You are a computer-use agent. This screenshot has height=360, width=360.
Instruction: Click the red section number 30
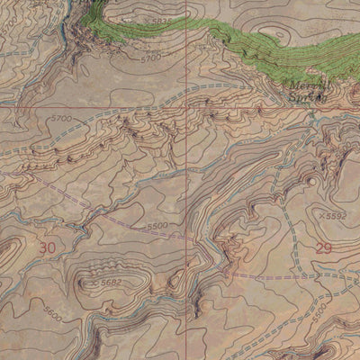(48, 247)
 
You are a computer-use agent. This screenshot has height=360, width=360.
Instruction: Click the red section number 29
(323, 247)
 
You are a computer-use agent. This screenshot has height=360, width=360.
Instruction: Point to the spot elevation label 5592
(336, 216)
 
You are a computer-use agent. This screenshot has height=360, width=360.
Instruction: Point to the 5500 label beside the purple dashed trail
(157, 226)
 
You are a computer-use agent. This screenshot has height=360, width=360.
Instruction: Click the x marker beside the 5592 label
(320, 216)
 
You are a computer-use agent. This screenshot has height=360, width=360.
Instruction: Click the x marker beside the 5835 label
(145, 18)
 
